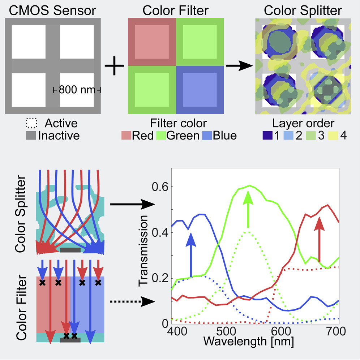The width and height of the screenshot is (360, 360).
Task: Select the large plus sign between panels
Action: coord(114,67)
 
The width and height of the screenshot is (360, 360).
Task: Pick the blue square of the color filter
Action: coord(200,90)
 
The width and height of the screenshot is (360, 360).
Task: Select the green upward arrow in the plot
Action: coord(248,210)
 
